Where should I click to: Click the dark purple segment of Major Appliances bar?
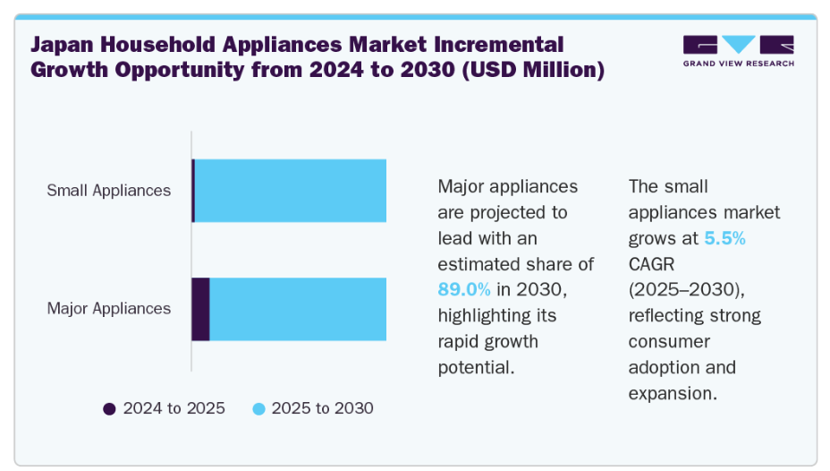click(x=200, y=309)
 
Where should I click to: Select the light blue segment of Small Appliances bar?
click(x=291, y=191)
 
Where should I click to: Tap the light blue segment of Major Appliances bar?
click(x=298, y=309)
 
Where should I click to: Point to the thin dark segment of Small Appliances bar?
click(x=193, y=191)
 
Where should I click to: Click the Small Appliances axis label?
click(x=109, y=190)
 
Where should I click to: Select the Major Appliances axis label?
click(x=109, y=308)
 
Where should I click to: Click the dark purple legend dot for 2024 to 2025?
click(x=110, y=409)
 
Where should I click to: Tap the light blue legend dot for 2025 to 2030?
click(x=258, y=409)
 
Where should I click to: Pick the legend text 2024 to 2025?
click(x=174, y=408)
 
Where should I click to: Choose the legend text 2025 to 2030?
click(x=322, y=408)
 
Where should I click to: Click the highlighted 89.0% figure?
click(x=464, y=289)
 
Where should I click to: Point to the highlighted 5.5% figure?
click(x=725, y=238)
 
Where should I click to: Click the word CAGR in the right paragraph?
click(x=652, y=264)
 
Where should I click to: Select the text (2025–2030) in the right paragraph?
click(x=687, y=289)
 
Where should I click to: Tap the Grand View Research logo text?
click(x=739, y=64)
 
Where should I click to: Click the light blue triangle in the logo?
click(x=739, y=43)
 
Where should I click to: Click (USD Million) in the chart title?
click(x=533, y=70)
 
